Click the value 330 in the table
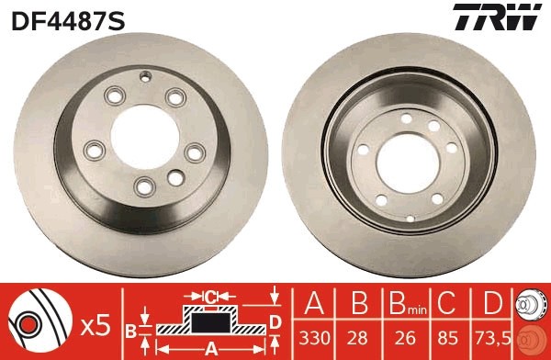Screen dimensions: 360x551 click(313, 336)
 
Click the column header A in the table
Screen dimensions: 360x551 click(313, 305)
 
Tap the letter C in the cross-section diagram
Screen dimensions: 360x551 click(211, 296)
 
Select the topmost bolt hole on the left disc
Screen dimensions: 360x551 click(116, 96)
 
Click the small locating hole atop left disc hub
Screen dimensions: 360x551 click(145, 76)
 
